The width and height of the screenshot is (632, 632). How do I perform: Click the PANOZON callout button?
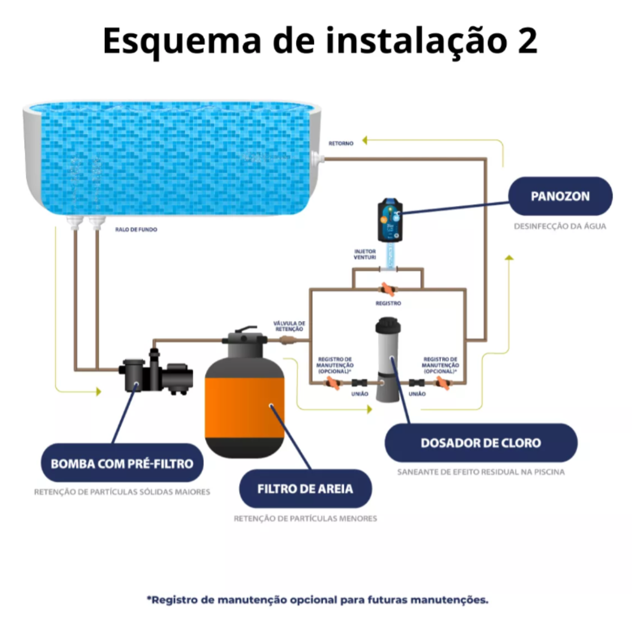point(560,196)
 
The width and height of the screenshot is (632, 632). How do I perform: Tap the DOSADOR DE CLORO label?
point(481,443)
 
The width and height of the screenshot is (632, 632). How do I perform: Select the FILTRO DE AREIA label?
point(305,489)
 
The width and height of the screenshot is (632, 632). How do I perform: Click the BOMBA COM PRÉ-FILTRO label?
point(122,463)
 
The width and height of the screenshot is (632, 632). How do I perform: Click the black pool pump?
point(156,373)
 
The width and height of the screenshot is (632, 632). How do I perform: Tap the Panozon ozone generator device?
point(390,220)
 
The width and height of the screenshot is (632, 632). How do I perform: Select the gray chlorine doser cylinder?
point(388,359)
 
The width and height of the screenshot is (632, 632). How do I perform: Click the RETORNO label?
point(341,143)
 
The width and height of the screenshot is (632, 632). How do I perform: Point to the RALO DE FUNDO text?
point(136,230)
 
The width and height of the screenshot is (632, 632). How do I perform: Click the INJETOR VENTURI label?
point(364,254)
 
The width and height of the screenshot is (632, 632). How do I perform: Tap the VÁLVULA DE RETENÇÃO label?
point(289,327)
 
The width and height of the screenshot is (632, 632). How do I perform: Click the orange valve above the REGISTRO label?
point(388,289)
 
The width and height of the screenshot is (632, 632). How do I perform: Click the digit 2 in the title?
point(527,41)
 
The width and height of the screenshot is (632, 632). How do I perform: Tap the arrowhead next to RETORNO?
point(364,141)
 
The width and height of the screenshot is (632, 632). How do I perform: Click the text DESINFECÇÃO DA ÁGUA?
point(560,226)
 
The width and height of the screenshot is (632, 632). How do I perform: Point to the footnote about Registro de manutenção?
point(318,600)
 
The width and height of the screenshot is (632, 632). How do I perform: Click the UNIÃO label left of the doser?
point(360,394)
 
